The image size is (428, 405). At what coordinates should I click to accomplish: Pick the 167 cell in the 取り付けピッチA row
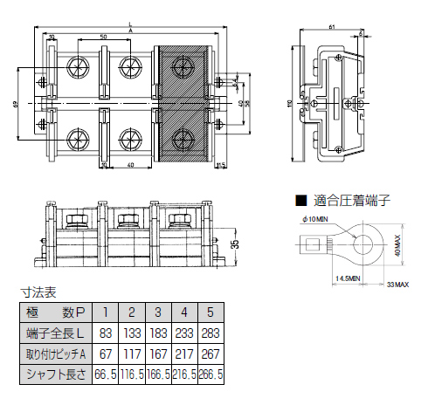(x=158, y=354)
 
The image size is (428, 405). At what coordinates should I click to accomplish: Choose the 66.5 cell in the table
(x=106, y=374)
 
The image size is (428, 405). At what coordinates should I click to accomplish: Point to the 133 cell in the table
(x=132, y=333)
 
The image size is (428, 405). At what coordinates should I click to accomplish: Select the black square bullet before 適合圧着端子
(x=300, y=200)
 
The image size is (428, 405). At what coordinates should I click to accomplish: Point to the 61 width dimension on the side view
(x=332, y=28)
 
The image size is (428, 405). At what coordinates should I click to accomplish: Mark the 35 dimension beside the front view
(x=233, y=244)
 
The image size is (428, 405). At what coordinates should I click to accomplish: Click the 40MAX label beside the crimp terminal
(x=396, y=244)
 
